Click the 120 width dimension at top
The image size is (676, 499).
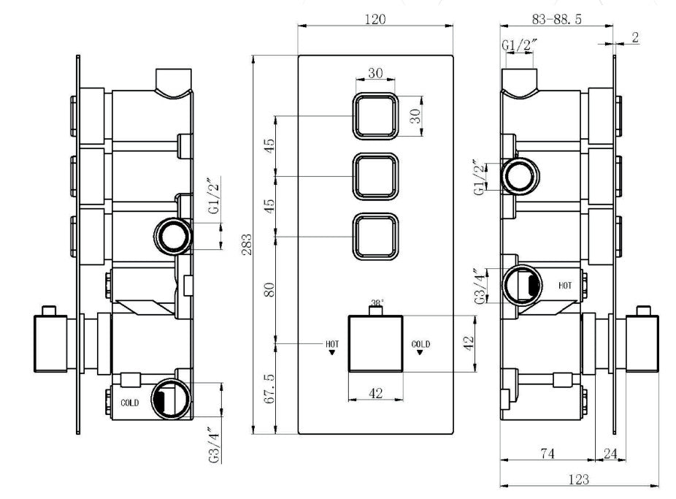point(375,20)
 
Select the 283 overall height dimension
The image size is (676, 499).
point(247,245)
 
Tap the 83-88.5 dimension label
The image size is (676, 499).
point(556,19)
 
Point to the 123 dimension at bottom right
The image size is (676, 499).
point(579,479)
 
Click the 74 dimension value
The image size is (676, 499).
point(547,453)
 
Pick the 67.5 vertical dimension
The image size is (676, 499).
point(269,388)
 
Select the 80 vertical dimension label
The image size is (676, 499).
point(269,289)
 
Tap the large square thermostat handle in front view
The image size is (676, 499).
point(375,343)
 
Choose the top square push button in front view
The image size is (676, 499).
point(375,116)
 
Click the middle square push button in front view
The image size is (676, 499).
point(375,176)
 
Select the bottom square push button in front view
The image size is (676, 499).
point(375,237)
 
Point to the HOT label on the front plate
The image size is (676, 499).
point(332,343)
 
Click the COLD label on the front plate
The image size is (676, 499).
point(420,343)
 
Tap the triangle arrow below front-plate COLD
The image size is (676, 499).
point(420,352)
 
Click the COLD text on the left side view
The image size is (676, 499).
point(130,403)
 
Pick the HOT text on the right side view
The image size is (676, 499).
point(565,286)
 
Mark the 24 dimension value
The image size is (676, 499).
point(610,453)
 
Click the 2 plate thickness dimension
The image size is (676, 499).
point(635,37)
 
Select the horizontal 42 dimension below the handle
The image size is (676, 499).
point(375,393)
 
